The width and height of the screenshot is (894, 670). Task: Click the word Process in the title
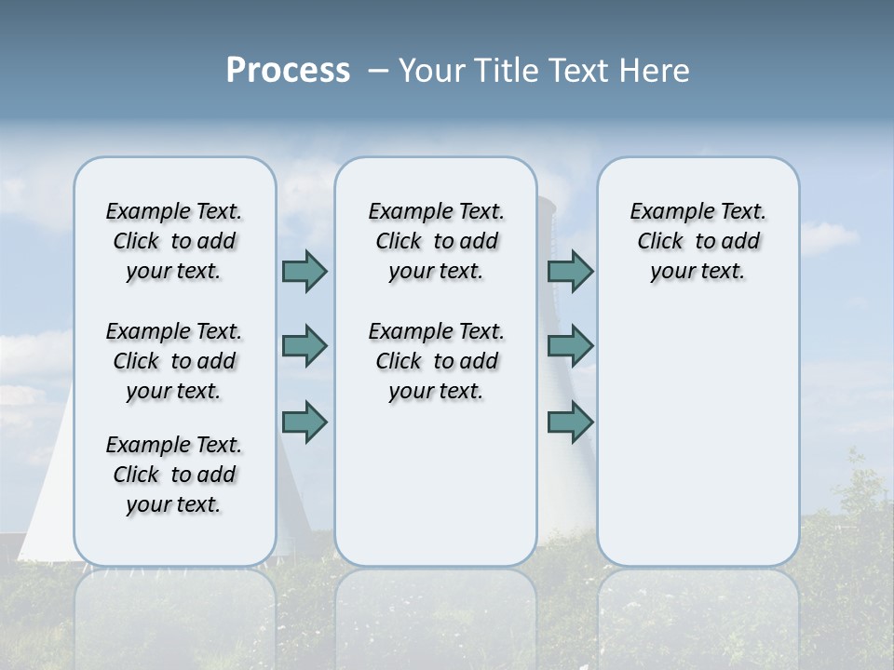pos(288,71)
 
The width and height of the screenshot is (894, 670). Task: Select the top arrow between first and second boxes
pos(305,271)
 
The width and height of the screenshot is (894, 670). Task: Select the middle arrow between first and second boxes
pos(305,346)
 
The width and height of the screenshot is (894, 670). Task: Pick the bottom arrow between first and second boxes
pos(305,422)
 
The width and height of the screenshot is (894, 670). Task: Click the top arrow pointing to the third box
pos(570,271)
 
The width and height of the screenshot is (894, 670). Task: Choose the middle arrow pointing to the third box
pos(570,346)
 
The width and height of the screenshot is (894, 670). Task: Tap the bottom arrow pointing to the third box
pos(570,422)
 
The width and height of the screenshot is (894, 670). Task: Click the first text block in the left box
pos(174,241)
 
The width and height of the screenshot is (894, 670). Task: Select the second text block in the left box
pos(174,361)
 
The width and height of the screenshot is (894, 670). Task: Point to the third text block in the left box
pos(174,475)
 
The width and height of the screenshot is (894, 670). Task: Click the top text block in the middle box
pos(436,241)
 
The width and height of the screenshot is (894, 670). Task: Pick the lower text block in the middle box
pos(436,361)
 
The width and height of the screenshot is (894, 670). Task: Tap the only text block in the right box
pos(698,241)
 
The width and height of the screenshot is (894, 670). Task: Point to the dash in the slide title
pos(378,71)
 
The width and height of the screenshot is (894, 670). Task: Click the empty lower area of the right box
pos(698,447)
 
